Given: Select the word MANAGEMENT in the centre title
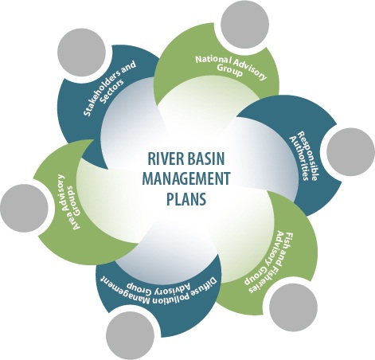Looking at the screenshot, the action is (186, 178).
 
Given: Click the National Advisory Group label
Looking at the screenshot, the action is (231, 66).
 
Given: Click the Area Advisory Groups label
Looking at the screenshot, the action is (67, 202).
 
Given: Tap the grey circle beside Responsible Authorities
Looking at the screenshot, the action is (350, 151).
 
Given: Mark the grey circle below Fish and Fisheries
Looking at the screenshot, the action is (293, 307).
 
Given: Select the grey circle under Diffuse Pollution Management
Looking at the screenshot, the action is (131, 337).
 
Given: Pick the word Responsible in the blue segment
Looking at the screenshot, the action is (307, 157).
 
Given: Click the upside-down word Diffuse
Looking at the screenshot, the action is (205, 286).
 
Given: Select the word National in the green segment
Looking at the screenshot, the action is (213, 61).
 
